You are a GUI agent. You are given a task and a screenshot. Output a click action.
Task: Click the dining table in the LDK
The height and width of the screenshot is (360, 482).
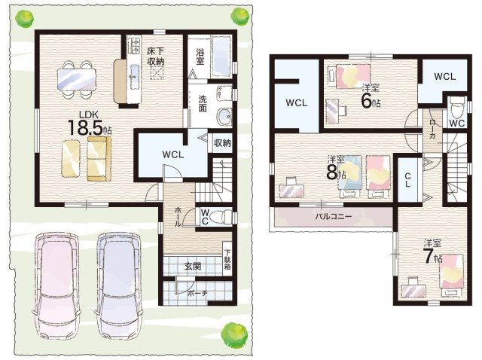(x=77, y=79)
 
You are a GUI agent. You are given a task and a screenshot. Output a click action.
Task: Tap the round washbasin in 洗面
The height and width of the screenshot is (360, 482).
(x=224, y=117)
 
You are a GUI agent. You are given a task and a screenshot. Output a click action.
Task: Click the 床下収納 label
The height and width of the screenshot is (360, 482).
(x=155, y=56)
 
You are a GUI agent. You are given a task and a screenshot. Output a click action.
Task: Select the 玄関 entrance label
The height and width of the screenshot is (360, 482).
(x=193, y=266)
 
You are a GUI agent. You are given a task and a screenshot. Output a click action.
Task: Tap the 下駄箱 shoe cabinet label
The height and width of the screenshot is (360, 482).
(x=227, y=259)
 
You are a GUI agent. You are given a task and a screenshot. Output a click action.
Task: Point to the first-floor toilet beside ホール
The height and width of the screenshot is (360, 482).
(x=222, y=217)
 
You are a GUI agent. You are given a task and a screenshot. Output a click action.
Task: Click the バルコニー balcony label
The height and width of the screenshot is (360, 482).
(x=333, y=216)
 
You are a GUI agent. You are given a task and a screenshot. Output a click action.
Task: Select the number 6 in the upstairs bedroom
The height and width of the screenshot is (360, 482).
(x=366, y=101)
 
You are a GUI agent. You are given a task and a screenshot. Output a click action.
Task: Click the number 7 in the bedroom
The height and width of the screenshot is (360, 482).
(x=428, y=256)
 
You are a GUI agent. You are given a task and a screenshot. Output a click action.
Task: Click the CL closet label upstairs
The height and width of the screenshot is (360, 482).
(x=407, y=180)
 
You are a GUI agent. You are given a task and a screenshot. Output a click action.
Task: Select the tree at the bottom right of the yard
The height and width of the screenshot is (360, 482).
(x=235, y=334)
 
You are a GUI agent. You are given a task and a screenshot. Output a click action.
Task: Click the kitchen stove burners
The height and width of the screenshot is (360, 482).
(x=135, y=44)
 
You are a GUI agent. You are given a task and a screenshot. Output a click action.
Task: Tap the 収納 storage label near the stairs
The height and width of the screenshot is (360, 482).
(x=222, y=142)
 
